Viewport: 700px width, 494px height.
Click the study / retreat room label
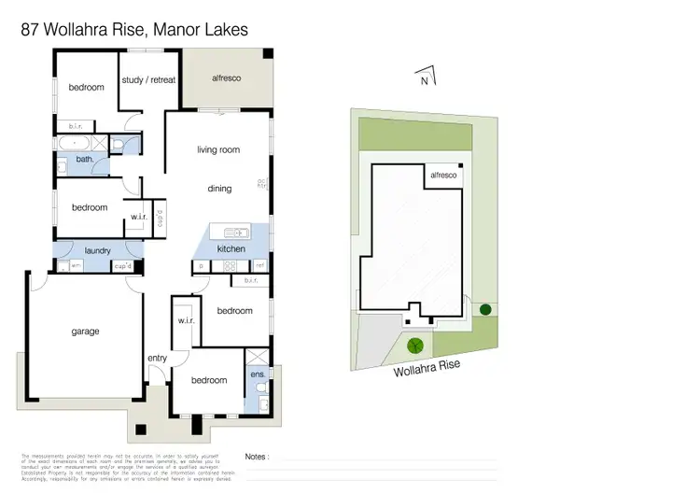148,80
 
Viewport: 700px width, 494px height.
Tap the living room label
218,149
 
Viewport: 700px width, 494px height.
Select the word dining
219,189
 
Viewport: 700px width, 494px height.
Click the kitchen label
231,249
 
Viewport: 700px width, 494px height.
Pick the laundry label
98,251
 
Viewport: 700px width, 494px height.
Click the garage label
85,332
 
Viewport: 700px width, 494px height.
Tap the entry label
157,359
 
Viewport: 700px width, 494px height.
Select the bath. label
84,161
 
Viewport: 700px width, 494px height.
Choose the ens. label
259,374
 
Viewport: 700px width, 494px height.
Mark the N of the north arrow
425,81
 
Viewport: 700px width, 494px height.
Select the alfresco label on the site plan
442,176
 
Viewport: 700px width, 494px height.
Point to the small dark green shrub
484,309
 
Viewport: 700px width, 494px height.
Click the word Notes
257,457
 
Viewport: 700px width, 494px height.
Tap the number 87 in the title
32,30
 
